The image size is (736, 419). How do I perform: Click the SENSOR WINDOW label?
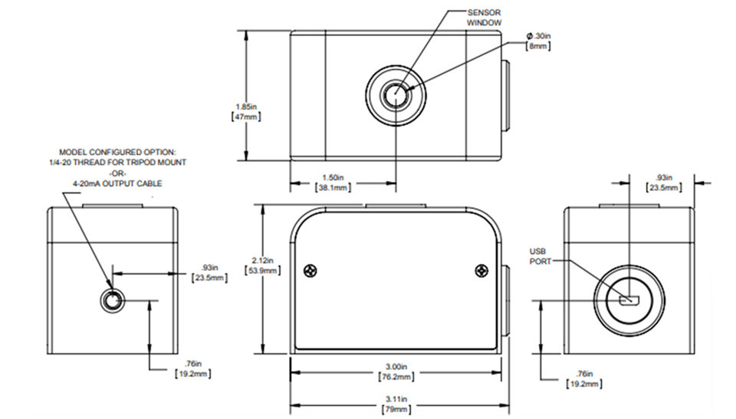pyautogui.click(x=485, y=18)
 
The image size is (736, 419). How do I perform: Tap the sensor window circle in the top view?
pyautogui.click(x=396, y=97)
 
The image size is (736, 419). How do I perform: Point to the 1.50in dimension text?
pyautogui.click(x=333, y=181)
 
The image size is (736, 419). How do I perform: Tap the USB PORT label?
pyautogui.click(x=542, y=256)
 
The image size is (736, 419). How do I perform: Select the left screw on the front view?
pyautogui.click(x=310, y=270)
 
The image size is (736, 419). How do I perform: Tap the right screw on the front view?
pyautogui.click(x=481, y=270)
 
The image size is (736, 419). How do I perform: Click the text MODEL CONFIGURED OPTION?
pyautogui.click(x=117, y=152)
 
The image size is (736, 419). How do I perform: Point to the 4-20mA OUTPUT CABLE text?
pyautogui.click(x=117, y=183)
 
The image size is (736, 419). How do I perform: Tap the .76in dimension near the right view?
pyautogui.click(x=582, y=377)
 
